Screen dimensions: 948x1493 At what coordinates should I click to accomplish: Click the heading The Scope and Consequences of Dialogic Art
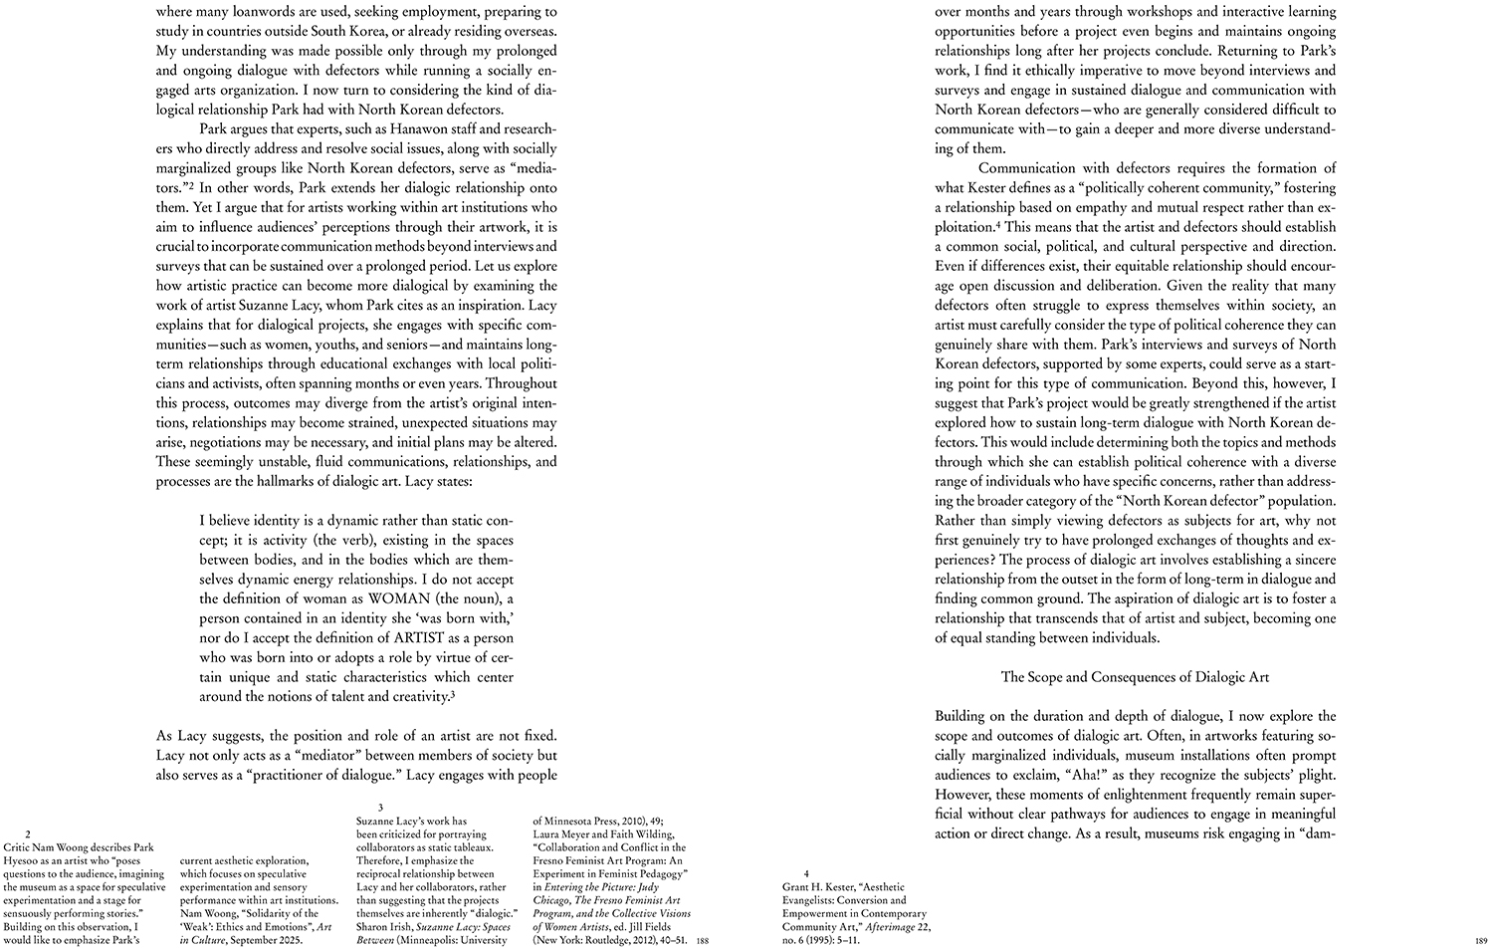coord(1135,677)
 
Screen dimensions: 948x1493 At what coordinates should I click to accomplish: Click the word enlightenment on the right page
coord(1119,794)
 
